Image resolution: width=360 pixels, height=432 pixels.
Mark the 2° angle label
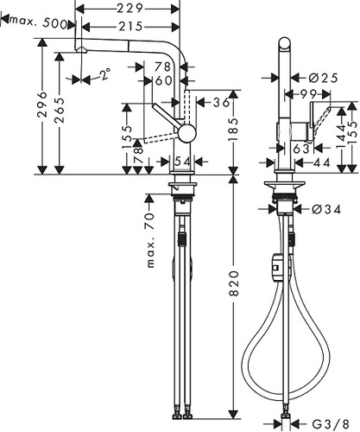pyautogui.click(x=104, y=76)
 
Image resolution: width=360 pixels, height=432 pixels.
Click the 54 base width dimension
pyautogui.click(x=182, y=161)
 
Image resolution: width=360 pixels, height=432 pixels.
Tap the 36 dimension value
pyautogui.click(x=222, y=101)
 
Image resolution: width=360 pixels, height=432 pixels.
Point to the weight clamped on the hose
pyautogui.click(x=277, y=266)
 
